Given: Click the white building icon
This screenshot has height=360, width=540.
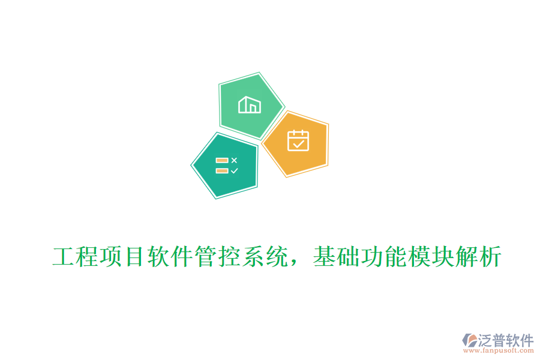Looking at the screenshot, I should tap(250, 105).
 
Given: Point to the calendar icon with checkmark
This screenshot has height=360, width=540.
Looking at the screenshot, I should tap(298, 140).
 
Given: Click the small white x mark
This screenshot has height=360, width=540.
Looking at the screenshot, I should tap(234, 160).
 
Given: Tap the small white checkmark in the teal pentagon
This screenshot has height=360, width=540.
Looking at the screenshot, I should tap(234, 170).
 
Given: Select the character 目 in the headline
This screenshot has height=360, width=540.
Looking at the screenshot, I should tap(134, 258).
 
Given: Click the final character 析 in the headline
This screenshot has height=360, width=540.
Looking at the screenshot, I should tap(488, 258).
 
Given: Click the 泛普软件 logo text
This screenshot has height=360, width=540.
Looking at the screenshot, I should tap(505, 340).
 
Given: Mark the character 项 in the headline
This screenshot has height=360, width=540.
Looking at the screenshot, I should tap(111, 258).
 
